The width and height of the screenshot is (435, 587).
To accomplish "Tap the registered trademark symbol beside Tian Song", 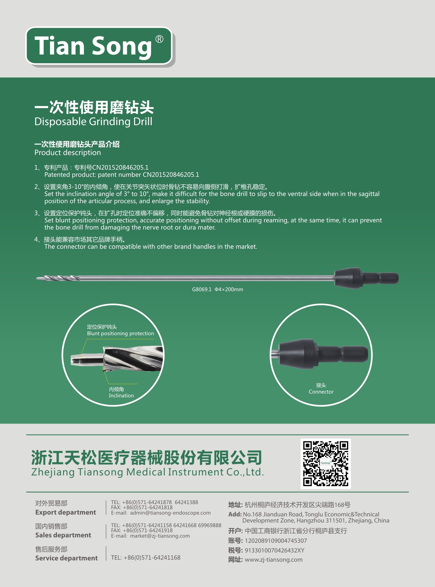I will tap(159, 39).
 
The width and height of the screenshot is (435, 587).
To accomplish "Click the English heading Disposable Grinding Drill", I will tap(93, 122).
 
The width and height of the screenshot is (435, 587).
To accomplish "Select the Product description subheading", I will tap(68, 153).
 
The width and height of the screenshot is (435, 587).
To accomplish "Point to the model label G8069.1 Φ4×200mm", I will tap(217, 289).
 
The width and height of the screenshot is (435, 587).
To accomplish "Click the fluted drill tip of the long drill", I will tap(61, 278).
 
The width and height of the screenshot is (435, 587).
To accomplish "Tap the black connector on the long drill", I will tap(366, 278).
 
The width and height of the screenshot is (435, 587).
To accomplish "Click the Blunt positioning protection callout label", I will tap(120, 333).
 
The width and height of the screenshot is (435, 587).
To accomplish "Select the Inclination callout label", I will tap(121, 396).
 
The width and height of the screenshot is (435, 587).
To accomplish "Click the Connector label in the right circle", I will tap(321, 392).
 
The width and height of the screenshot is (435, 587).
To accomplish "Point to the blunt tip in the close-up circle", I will tap(79, 360).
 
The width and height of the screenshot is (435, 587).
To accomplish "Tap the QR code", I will tap(325, 464).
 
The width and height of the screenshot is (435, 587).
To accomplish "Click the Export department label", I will tap(66, 512).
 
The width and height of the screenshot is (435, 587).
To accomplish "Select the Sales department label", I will tap(63, 535).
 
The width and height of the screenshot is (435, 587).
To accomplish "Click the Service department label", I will tap(66, 558).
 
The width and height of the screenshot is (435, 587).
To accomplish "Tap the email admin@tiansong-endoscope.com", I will tap(170, 513).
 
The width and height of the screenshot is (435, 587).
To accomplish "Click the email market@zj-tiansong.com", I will tap(160, 536).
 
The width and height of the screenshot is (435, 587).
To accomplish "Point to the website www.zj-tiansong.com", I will tap(274, 560).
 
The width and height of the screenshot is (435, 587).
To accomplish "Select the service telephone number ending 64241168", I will tap(152, 558).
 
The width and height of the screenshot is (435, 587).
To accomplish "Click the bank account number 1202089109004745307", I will tap(276, 541).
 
